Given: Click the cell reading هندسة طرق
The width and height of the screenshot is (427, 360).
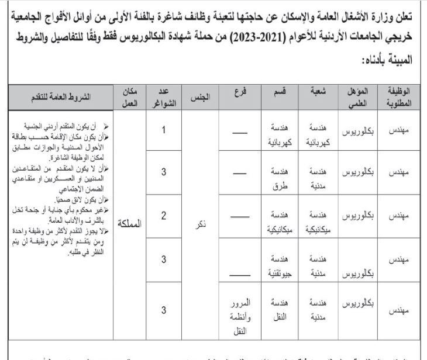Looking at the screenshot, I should (x=279, y=179).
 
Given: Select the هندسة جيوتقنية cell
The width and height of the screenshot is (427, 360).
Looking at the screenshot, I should (x=278, y=266).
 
